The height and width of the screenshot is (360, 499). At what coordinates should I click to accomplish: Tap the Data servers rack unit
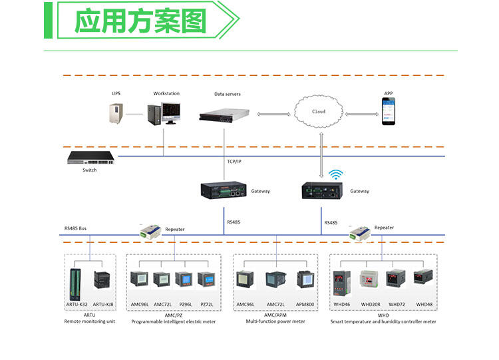[x=228, y=114]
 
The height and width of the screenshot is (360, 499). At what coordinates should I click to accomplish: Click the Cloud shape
[x=320, y=111]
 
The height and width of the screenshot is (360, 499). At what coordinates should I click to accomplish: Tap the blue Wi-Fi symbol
[x=335, y=175]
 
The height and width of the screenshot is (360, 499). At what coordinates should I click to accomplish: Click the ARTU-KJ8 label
[x=103, y=304]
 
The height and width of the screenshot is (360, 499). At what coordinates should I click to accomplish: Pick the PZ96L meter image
[x=186, y=279]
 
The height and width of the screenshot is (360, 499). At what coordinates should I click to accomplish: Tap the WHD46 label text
[x=342, y=304]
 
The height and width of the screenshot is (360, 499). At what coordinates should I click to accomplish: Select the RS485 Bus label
[x=75, y=228]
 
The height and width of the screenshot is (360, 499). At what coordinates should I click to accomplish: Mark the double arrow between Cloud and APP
[x=359, y=114]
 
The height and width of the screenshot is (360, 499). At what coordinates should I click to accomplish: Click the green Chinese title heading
[x=140, y=21]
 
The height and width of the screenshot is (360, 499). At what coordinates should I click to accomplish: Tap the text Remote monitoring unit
[x=90, y=321]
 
